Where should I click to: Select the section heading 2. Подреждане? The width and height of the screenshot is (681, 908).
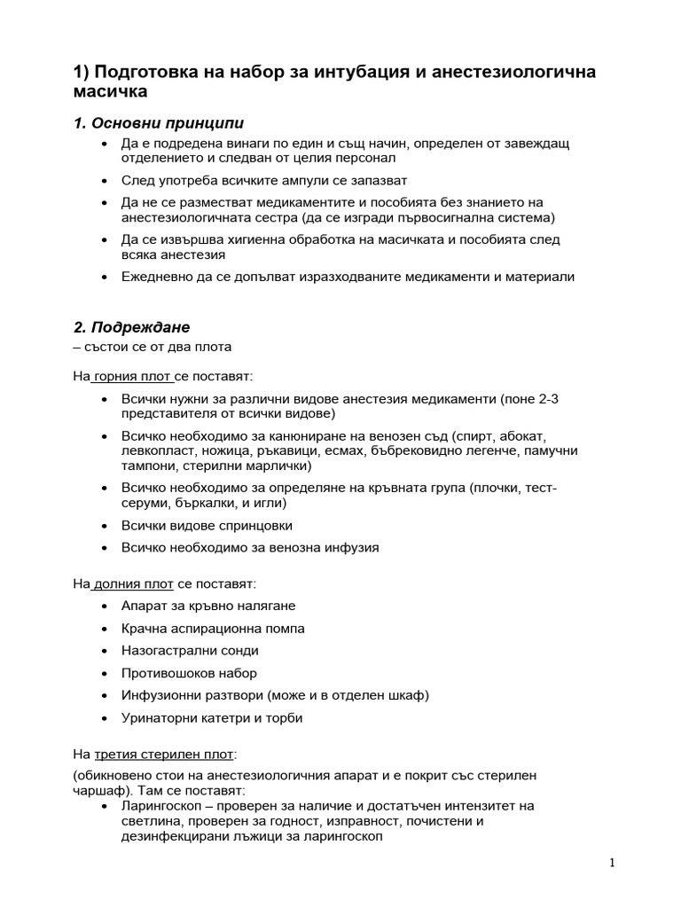point(131,326)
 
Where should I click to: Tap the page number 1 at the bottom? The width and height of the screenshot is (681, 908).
point(612,864)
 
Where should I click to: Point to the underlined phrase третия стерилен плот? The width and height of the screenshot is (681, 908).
point(164,754)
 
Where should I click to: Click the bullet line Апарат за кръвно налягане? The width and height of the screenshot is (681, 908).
point(208,606)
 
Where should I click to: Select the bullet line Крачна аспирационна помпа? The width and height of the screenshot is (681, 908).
point(213,628)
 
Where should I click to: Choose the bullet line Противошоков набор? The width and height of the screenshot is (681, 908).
point(189,673)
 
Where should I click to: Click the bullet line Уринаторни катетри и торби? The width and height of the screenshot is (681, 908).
point(212,717)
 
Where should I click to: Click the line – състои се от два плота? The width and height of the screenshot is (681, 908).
point(152,347)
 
